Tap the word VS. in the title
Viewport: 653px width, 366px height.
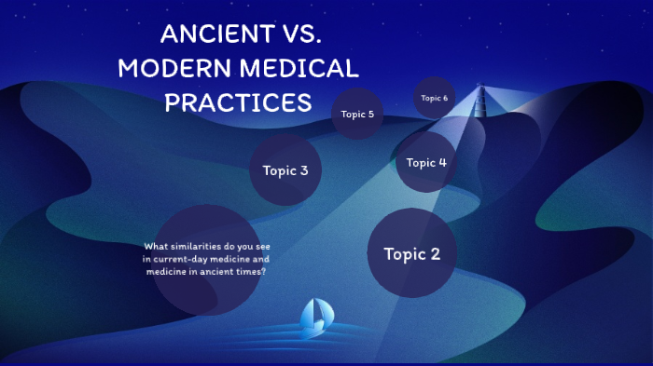[299, 35]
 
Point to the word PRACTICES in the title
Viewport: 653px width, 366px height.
[238, 102]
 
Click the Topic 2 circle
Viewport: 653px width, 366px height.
[411, 253]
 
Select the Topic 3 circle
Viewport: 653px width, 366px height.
[285, 170]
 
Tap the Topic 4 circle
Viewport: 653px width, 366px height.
[426, 163]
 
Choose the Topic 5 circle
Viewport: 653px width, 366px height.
[357, 115]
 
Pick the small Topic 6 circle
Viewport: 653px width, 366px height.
[434, 98]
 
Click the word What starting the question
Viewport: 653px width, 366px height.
[155, 247]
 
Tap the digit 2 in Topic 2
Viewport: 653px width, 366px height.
[435, 253]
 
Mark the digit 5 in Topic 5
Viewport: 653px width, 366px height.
[370, 115]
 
